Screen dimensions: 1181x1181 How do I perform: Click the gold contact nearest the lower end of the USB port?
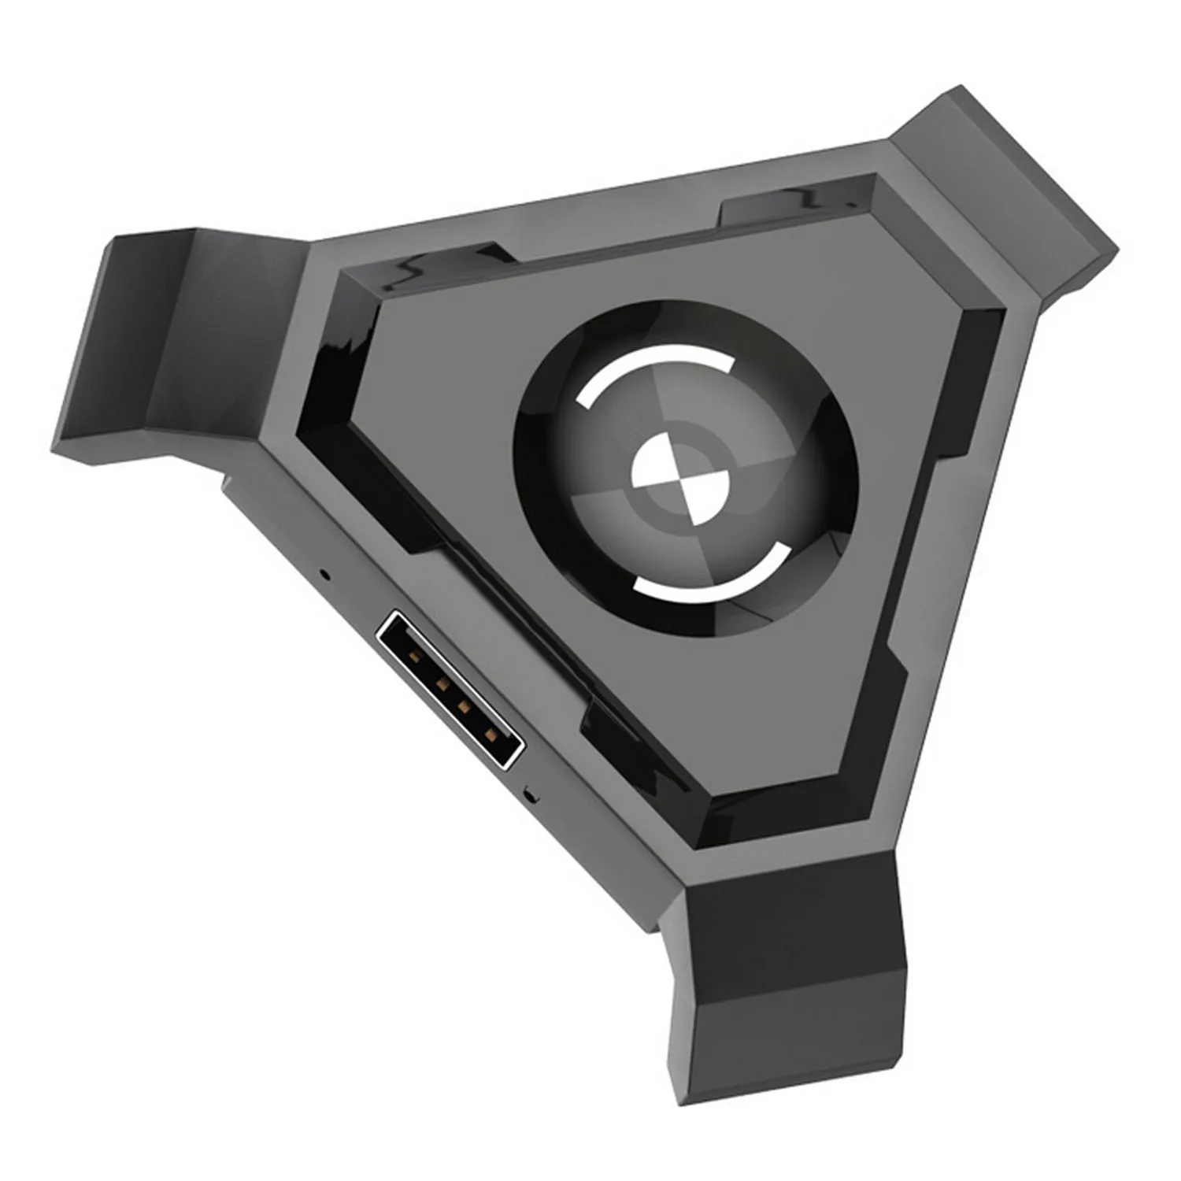(491, 736)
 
